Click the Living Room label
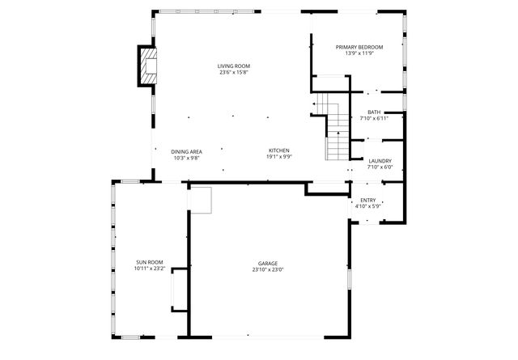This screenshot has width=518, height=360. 232,66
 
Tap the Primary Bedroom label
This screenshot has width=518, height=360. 359,48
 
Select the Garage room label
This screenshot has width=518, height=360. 268,264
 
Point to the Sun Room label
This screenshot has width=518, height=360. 150,262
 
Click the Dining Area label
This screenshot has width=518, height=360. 186,151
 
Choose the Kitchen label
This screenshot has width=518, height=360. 279,151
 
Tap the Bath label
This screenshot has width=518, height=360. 374,112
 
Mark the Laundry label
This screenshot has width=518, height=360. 380,161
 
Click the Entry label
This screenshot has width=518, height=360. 367,200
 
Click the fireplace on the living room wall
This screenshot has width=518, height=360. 146,66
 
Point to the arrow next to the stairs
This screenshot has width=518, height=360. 316,105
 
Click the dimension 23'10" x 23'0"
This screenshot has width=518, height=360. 268,270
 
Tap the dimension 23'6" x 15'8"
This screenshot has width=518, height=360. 232,73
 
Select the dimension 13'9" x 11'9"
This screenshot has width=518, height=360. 359,54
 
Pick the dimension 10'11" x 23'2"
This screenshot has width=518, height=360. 150,269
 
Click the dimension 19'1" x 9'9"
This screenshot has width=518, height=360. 279,158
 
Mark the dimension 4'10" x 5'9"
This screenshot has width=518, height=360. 367,206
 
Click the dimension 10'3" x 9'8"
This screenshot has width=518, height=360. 186,158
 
